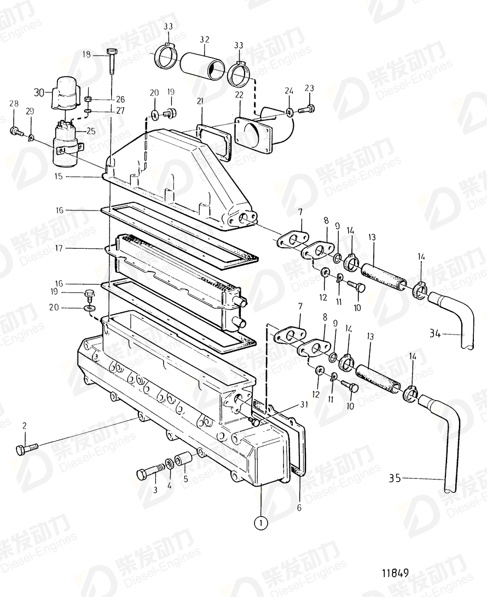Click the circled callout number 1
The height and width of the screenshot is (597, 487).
point(262,523)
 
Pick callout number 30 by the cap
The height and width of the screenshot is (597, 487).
point(39,92)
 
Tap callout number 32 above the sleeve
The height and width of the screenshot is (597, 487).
point(204,40)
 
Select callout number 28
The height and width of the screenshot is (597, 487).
point(13,103)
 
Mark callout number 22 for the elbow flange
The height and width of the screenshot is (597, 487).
point(239,95)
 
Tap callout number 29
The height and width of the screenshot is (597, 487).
point(30,111)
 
